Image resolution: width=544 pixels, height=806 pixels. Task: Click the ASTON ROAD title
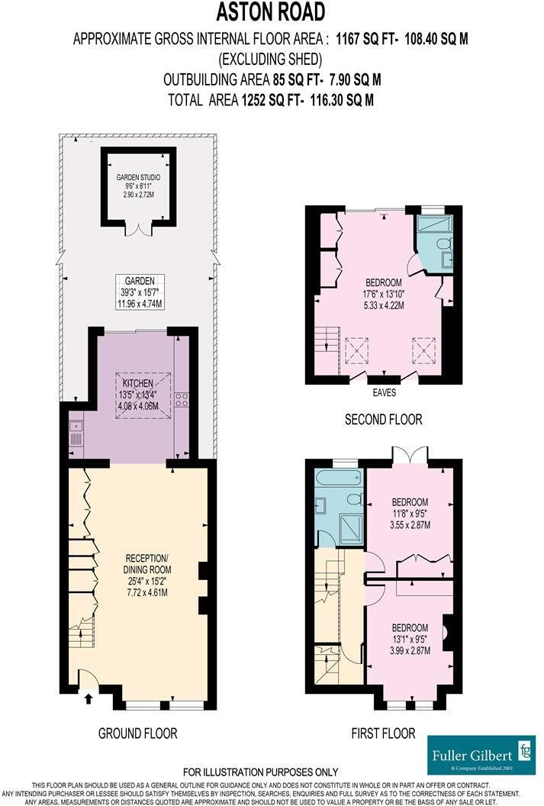coord(272,12)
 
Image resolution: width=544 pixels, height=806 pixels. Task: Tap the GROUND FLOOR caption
coord(137,733)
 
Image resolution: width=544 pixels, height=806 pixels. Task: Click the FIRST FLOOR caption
coord(383,733)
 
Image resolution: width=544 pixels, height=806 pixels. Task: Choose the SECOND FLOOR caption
coord(383,419)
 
